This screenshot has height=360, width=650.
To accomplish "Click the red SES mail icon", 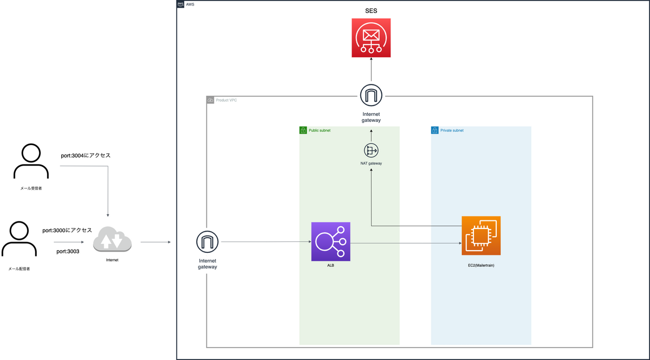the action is coord(371,38).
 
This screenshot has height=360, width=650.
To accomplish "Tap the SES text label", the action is coord(371,11).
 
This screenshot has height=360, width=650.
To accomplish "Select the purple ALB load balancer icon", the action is coord(330,241).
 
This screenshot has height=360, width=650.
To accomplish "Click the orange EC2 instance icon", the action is coord(481,235).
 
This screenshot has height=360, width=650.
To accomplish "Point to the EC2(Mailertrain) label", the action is coord(481,265).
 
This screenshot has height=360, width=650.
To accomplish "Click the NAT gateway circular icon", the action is coord(371,150).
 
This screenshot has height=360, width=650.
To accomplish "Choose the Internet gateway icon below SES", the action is coord(371,95).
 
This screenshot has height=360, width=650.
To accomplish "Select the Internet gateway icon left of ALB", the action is coord(207,241).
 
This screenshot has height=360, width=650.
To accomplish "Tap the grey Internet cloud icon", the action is coord(112,239).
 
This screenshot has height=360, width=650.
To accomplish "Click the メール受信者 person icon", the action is coord(31,161).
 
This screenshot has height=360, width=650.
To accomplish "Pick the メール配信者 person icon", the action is coord(19,239).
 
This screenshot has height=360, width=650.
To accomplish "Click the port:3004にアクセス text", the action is coord(86,155).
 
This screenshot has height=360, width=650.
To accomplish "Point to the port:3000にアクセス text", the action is coord(67,230).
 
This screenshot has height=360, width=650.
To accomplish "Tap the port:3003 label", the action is coord(68,251).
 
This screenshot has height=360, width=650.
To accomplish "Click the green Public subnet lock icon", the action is coord(303,130).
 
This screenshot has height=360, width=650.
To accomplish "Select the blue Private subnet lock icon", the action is coord(434,130).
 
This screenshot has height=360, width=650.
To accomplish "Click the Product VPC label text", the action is coord(226,100).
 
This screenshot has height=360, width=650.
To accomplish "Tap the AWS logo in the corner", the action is coord(180,4).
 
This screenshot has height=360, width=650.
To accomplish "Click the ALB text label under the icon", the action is coord(330,265).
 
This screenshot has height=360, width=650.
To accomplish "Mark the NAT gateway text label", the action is coord(371,163).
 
